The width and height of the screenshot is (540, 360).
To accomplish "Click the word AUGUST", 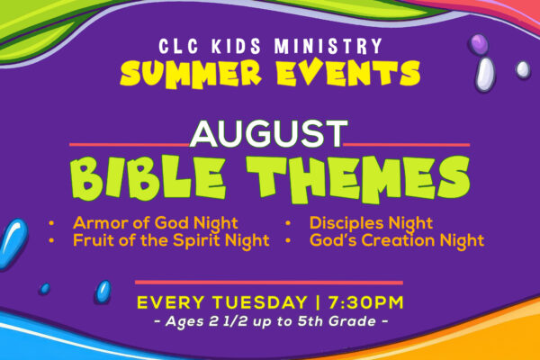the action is tap(268, 134).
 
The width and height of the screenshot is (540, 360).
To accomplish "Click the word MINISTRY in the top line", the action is tap(328, 46).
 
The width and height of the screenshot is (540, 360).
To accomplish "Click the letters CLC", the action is tap(179, 46).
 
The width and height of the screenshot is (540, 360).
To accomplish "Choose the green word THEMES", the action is tap(358, 179).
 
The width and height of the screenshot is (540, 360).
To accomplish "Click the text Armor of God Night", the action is tap(156, 223).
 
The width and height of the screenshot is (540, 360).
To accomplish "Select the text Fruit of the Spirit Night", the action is tap(171, 240).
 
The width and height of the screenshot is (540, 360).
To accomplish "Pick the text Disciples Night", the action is tap(371, 223).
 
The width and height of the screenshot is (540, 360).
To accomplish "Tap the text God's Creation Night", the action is tap(397, 240).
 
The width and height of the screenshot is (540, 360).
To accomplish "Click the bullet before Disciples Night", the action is tap(288, 223).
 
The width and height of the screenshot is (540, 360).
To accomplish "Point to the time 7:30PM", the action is tap(365, 302).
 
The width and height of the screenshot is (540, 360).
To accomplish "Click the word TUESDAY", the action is tap(259, 302).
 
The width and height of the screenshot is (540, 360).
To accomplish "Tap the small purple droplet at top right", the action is tap(479, 44).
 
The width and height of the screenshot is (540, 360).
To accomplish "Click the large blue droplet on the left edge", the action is tap(13, 243).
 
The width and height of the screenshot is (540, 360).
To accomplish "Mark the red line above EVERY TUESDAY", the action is tap(269, 283).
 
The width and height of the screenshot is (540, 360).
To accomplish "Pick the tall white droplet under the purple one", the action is tap(485, 74).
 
